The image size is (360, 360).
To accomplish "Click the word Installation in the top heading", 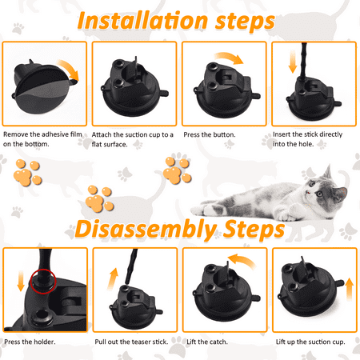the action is coord(142,21).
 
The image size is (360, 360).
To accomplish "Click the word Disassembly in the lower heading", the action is coord(146,229).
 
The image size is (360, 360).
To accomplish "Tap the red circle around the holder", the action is coord(43,282).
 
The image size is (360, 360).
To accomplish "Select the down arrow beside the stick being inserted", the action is coord(293,62).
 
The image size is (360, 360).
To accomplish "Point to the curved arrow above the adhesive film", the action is coord(69,69).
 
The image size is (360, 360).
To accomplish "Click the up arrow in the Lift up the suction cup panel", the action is coord(350,290).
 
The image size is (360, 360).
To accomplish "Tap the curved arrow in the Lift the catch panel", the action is coord(242,261).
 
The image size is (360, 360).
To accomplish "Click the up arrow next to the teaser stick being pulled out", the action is coord(113,279).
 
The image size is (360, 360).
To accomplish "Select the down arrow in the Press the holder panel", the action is coord(21,281).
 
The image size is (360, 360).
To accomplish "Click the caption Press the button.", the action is coord(210,134).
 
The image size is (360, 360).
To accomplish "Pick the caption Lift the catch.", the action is coord(207,342).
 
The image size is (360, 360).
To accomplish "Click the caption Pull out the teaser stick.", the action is coord(131,342).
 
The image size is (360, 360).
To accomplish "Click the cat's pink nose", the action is coord(308,192).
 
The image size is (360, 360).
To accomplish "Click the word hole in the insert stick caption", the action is coord(306,144).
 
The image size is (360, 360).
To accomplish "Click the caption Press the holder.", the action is coord(30,342).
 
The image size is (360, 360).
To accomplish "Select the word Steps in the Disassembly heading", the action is coord(254,229).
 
